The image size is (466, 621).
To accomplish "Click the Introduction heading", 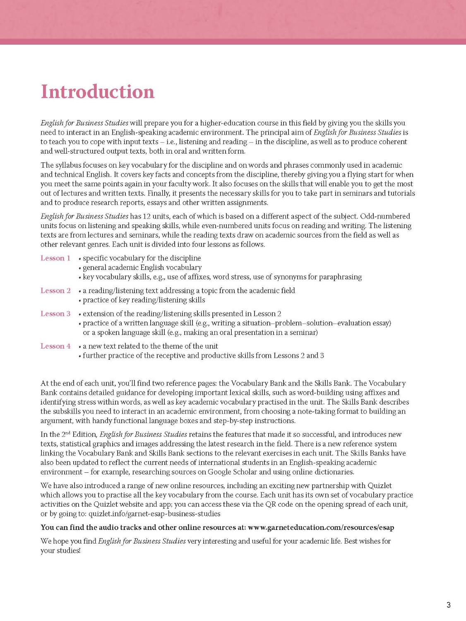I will (x=98, y=92).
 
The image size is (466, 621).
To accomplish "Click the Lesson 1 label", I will (x=55, y=258).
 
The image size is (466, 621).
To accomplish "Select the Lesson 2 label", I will (x=55, y=291).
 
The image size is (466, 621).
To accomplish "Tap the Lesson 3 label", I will (x=55, y=314).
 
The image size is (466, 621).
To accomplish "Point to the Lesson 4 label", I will (x=55, y=346).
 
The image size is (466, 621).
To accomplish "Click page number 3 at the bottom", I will (x=449, y=605).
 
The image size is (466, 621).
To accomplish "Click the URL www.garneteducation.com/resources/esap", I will (x=321, y=527).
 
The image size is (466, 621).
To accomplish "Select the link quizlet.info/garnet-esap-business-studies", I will (x=154, y=514).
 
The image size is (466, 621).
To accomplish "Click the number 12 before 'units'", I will (x=147, y=216).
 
